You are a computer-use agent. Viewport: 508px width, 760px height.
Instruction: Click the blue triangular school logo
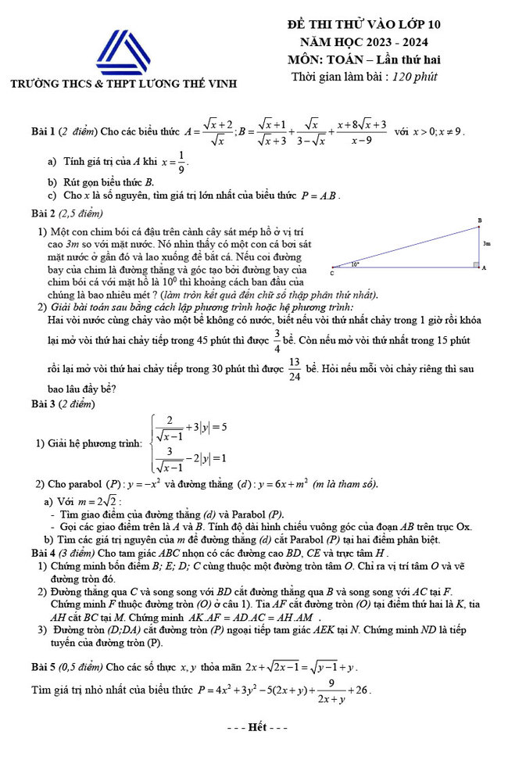tap(122, 52)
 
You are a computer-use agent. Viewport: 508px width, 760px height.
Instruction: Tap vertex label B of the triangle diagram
tap(480, 220)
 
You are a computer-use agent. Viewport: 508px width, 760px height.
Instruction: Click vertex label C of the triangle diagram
tap(331, 274)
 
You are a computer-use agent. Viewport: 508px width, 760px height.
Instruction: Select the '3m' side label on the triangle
tap(486, 243)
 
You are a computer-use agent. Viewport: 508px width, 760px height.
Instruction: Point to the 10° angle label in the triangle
tap(356, 264)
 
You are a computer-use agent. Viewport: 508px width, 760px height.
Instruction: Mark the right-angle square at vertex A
tap(475, 266)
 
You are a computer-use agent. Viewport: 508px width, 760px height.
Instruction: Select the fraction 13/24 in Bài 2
tap(294, 368)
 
